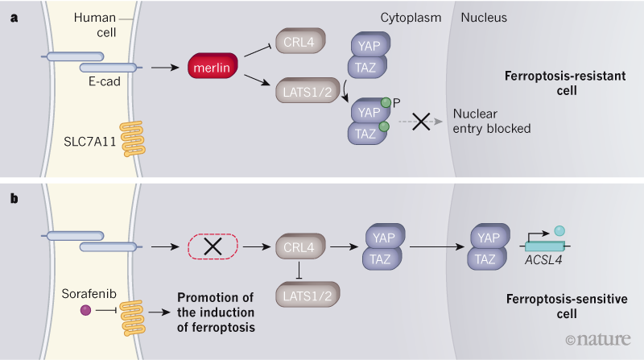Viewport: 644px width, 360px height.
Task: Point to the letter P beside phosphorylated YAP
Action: point(397,103)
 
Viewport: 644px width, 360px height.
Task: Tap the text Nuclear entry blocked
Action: point(492,121)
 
